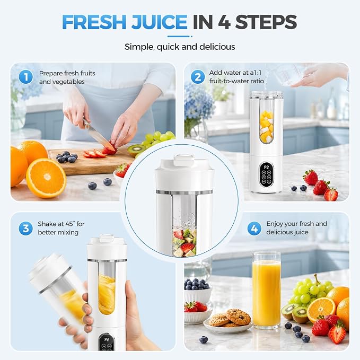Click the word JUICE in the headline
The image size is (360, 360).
pyautogui.click(x=160, y=22)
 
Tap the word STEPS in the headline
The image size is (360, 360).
pyautogui.click(x=266, y=22)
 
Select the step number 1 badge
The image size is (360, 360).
pyautogui.click(x=25, y=77)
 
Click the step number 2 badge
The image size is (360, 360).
pyautogui.click(x=198, y=77)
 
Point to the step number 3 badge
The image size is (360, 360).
pyautogui.click(x=25, y=228)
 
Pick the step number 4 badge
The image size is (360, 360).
pyautogui.click(x=254, y=228)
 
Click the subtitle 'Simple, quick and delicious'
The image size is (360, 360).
pyautogui.click(x=180, y=47)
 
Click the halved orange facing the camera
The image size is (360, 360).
pyautogui.click(x=46, y=178)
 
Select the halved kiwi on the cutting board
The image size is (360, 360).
pyautogui.click(x=136, y=150)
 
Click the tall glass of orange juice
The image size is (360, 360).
pyautogui.click(x=266, y=289)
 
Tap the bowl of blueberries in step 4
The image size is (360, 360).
pyautogui.click(x=197, y=289)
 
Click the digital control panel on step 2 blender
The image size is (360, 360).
pyautogui.click(x=266, y=174)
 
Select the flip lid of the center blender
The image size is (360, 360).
pyautogui.click(x=184, y=160)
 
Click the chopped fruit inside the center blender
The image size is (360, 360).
pyautogui.click(x=185, y=242)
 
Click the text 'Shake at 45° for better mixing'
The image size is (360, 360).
pyautogui.click(x=61, y=228)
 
